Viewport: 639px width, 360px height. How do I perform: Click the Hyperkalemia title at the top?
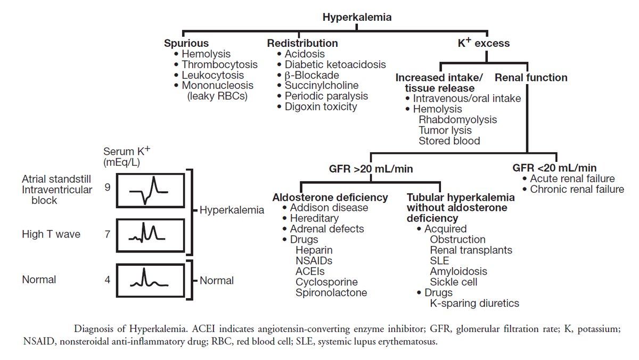click(x=357, y=17)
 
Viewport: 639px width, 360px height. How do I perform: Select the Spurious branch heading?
click(x=186, y=43)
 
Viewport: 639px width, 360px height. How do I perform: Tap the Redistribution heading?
click(x=302, y=43)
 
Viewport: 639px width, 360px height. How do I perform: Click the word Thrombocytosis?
click(x=219, y=64)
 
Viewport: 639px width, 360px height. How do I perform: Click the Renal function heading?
click(x=531, y=78)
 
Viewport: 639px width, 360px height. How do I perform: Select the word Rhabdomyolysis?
click(x=457, y=120)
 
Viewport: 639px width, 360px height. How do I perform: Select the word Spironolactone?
click(x=331, y=292)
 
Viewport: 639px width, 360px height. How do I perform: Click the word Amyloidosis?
click(x=458, y=272)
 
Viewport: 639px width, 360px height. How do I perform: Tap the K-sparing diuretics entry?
click(x=474, y=304)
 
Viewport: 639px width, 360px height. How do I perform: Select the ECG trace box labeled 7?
click(x=150, y=234)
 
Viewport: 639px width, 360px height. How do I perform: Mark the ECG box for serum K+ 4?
click(x=150, y=279)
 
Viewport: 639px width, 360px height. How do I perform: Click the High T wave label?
click(x=51, y=234)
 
